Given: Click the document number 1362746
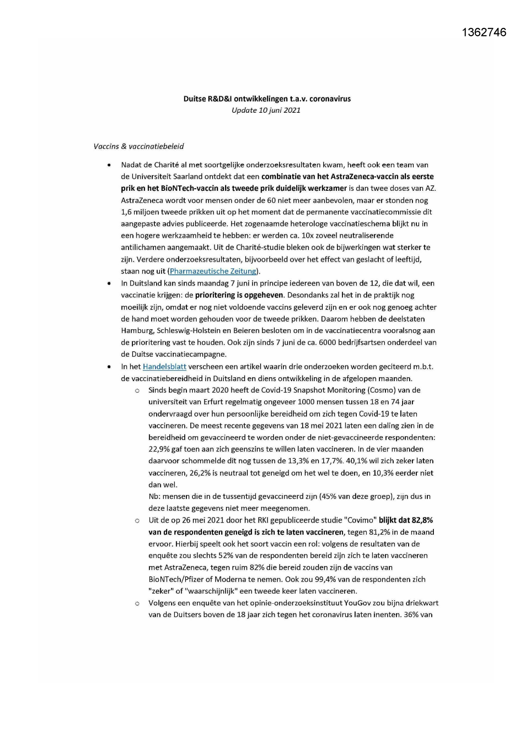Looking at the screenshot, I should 484,33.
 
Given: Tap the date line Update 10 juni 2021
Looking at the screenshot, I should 266,110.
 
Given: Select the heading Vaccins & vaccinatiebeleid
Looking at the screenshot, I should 139,147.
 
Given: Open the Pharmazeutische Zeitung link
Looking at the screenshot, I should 213,271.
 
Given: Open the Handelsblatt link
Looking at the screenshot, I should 164,367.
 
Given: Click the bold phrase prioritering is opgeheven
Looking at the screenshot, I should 239,295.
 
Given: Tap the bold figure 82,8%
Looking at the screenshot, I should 422,520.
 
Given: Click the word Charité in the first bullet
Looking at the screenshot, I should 167,165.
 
